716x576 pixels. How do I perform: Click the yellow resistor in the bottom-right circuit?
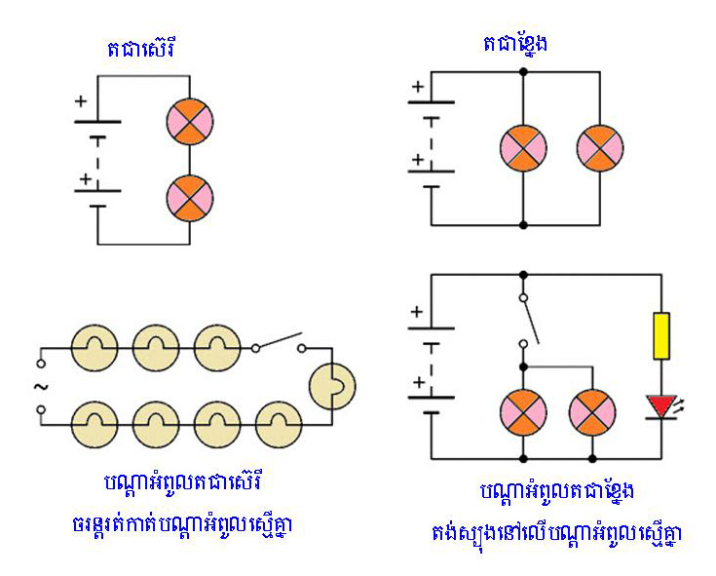(x=660, y=336)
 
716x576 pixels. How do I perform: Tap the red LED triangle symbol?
(x=660, y=403)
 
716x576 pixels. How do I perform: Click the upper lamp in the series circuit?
(x=190, y=122)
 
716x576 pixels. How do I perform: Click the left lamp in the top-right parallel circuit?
(x=524, y=149)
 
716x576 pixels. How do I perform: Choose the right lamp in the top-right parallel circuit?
(x=600, y=149)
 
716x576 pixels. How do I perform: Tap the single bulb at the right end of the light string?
(x=332, y=387)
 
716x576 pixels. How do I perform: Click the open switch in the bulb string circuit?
(x=280, y=344)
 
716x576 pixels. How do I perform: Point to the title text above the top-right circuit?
(x=513, y=44)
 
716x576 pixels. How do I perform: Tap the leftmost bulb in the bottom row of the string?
(x=94, y=425)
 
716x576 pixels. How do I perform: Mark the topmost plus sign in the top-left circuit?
(x=80, y=101)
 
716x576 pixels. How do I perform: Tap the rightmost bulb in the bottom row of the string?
(x=279, y=425)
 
